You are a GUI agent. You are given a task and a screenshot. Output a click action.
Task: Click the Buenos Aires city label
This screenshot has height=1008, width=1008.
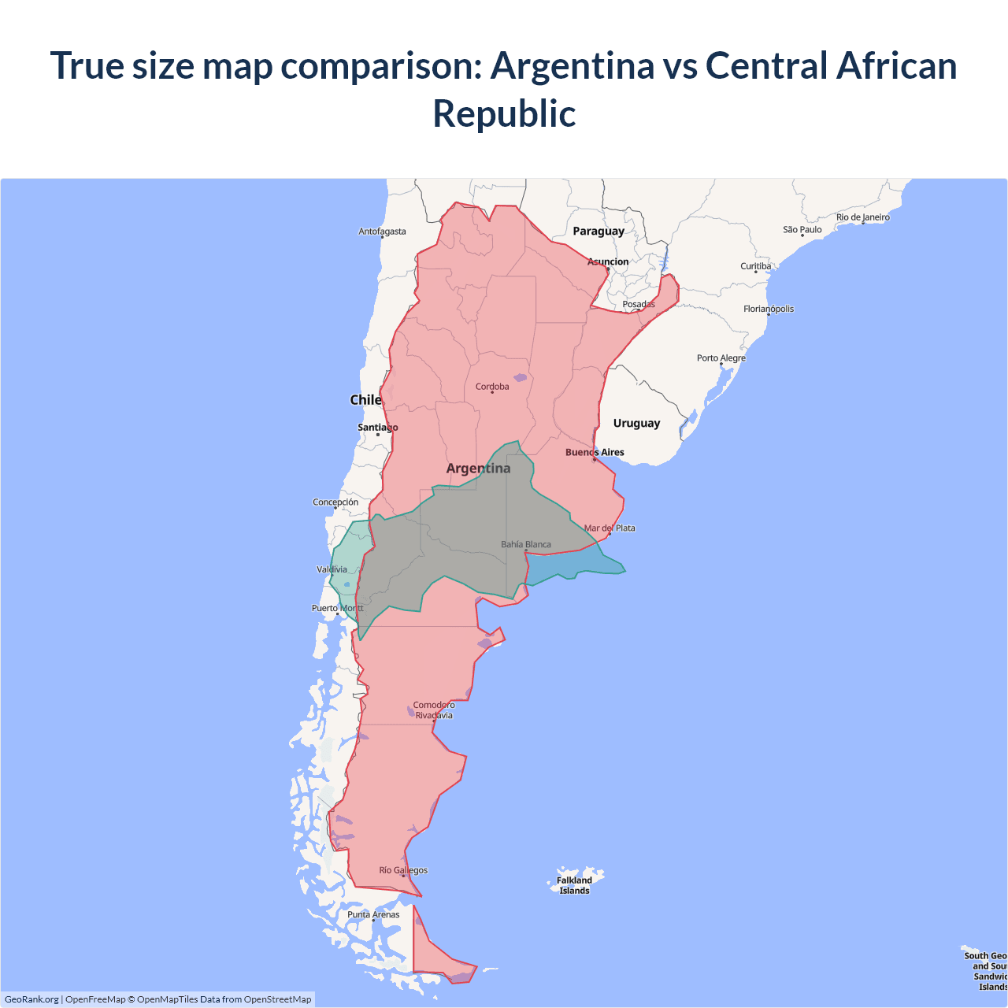click(595, 452)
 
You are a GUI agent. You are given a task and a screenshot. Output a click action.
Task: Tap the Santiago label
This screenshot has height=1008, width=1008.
click(378, 428)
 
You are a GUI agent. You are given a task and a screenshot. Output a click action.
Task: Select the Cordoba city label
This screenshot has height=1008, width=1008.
click(492, 387)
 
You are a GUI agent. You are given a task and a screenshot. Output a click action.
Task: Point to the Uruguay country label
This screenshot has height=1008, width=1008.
click(636, 423)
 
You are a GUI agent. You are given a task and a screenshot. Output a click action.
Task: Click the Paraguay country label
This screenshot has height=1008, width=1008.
click(598, 231)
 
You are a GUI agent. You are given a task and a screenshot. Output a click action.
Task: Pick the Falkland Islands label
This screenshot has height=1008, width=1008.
click(574, 885)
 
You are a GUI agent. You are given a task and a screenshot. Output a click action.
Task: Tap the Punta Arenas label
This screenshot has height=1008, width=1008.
click(373, 914)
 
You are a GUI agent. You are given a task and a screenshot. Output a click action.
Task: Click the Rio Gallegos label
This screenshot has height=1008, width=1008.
click(403, 870)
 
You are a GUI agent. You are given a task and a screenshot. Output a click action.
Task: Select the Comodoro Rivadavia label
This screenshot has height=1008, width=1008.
click(434, 710)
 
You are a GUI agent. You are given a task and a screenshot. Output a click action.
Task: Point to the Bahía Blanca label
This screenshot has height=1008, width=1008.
click(526, 544)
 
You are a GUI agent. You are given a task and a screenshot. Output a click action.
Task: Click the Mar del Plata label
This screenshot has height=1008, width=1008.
click(610, 528)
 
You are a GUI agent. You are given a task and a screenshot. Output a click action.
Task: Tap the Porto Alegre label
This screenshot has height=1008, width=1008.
click(721, 358)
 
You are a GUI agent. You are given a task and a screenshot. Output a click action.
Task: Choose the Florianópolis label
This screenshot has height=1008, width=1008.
click(769, 309)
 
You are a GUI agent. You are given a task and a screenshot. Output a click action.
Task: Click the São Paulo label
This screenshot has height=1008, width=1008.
click(802, 229)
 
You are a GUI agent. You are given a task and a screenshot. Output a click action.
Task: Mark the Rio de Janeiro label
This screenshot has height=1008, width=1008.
click(862, 217)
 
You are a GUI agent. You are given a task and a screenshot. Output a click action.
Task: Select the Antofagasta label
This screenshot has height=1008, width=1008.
click(382, 232)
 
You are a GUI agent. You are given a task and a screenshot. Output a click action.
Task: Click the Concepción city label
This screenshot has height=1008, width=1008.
click(335, 502)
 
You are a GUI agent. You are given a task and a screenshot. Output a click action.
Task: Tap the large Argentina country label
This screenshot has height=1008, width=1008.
click(478, 468)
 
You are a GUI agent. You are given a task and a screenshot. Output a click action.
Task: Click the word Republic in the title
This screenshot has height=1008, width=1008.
click(504, 113)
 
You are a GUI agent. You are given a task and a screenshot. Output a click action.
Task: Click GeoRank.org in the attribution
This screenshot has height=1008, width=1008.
click(31, 999)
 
